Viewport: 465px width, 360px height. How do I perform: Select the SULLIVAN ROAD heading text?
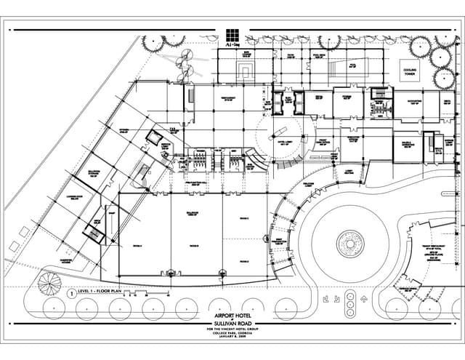(232, 324)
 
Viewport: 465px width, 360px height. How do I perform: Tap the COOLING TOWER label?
(413, 71)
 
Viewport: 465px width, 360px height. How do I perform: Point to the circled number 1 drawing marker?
(71, 294)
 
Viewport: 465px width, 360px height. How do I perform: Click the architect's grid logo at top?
(232, 35)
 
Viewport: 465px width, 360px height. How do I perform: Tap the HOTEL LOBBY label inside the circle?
(278, 143)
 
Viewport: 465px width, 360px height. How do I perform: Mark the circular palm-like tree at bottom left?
(49, 284)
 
